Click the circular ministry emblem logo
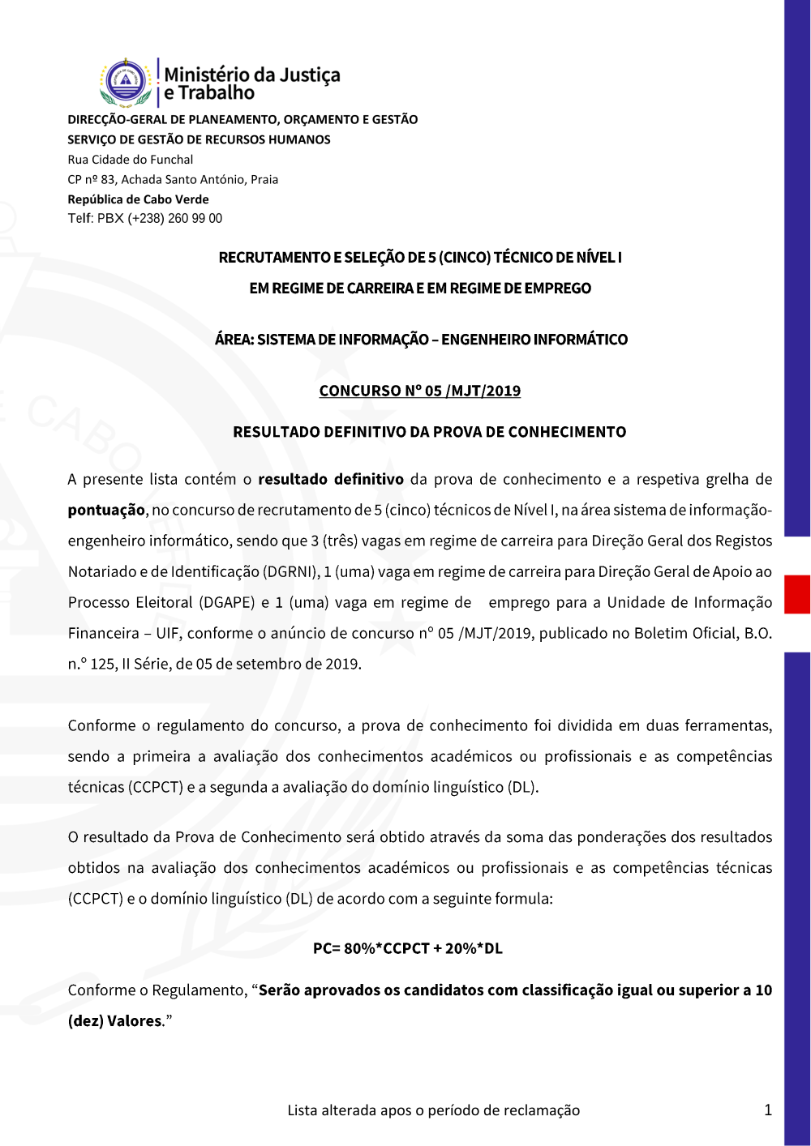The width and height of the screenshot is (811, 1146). pyautogui.click(x=126, y=82)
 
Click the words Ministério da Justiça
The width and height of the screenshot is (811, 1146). pyautogui.click(x=252, y=75)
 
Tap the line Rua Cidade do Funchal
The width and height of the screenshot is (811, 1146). pyautogui.click(x=131, y=160)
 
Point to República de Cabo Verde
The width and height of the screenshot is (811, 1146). pyautogui.click(x=138, y=199)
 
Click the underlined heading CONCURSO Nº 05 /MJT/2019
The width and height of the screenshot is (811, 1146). pyautogui.click(x=420, y=391)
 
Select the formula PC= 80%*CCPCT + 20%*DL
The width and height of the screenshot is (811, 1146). pyautogui.click(x=408, y=948)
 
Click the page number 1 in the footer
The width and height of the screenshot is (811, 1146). pyautogui.click(x=767, y=1110)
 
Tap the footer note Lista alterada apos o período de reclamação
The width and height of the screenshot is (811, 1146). pyautogui.click(x=433, y=1110)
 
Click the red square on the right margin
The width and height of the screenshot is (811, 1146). pyautogui.click(x=797, y=594)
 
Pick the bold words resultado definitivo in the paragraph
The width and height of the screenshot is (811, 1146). pyautogui.click(x=331, y=479)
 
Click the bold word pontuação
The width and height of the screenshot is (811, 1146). pyautogui.click(x=106, y=510)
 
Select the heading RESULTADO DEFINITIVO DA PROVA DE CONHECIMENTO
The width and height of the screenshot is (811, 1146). pyautogui.click(x=429, y=432)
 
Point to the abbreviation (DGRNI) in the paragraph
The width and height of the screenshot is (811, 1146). pyautogui.click(x=290, y=571)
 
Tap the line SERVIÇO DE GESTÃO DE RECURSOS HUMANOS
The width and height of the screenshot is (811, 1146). pyautogui.click(x=199, y=139)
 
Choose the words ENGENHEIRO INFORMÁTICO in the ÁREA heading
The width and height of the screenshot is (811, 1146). pyautogui.click(x=534, y=340)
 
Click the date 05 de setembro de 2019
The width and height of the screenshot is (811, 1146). pyautogui.click(x=278, y=664)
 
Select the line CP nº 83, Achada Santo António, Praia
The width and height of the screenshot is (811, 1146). pyautogui.click(x=173, y=180)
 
